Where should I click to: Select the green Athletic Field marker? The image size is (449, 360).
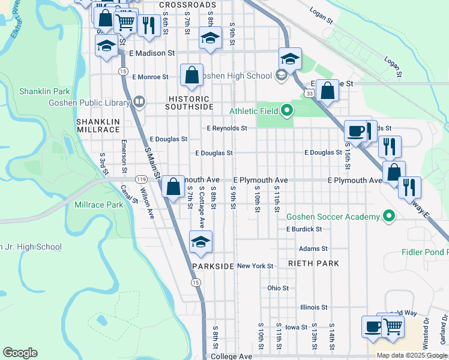(287, 110)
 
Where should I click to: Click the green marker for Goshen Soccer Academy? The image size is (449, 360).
(389, 217)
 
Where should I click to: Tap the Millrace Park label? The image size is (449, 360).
(98, 205)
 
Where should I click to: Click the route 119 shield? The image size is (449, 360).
(142, 179)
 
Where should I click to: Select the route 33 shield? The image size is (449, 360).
(309, 93)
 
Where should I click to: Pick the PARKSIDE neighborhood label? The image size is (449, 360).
(213, 266)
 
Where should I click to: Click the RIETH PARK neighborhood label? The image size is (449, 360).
(313, 263)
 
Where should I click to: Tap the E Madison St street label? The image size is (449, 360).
(152, 53)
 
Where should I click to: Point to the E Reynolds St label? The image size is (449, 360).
(227, 128)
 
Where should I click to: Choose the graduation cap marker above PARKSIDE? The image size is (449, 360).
(200, 242)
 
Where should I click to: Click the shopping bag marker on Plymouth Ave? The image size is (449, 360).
(173, 187)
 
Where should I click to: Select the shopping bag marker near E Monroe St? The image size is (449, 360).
(191, 75)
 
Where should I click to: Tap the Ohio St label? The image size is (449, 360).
(278, 288)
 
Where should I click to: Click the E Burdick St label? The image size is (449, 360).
(304, 229)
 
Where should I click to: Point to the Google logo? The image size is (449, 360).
(20, 353)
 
